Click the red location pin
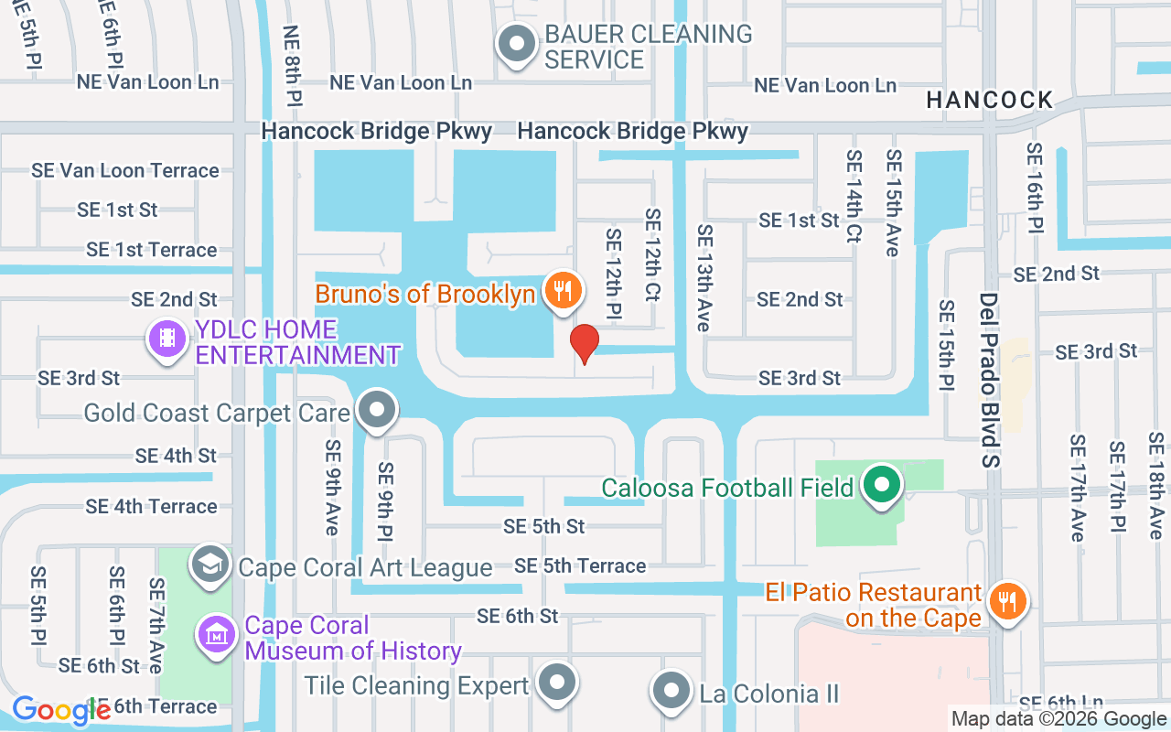pos(584,343)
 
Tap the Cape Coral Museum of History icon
pos(217,634)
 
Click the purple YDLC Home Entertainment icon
pos(167,339)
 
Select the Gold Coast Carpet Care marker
pos(375,411)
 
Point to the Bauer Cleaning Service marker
pos(516,44)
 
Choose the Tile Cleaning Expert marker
pos(556,683)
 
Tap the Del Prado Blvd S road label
pos(989,380)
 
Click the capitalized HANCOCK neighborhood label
pos(989,100)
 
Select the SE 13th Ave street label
pos(704,278)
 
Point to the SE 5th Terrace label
pos(580,566)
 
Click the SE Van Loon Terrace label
pos(125,170)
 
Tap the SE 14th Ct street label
pos(854,196)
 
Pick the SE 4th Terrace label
pos(151,506)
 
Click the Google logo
pos(61,710)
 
